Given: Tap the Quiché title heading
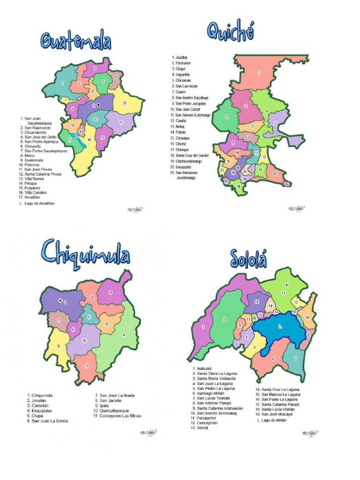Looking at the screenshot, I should click(x=231, y=32).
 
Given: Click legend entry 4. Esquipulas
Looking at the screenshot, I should click(x=42, y=411).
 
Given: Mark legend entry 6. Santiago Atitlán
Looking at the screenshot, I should click(x=210, y=393).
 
